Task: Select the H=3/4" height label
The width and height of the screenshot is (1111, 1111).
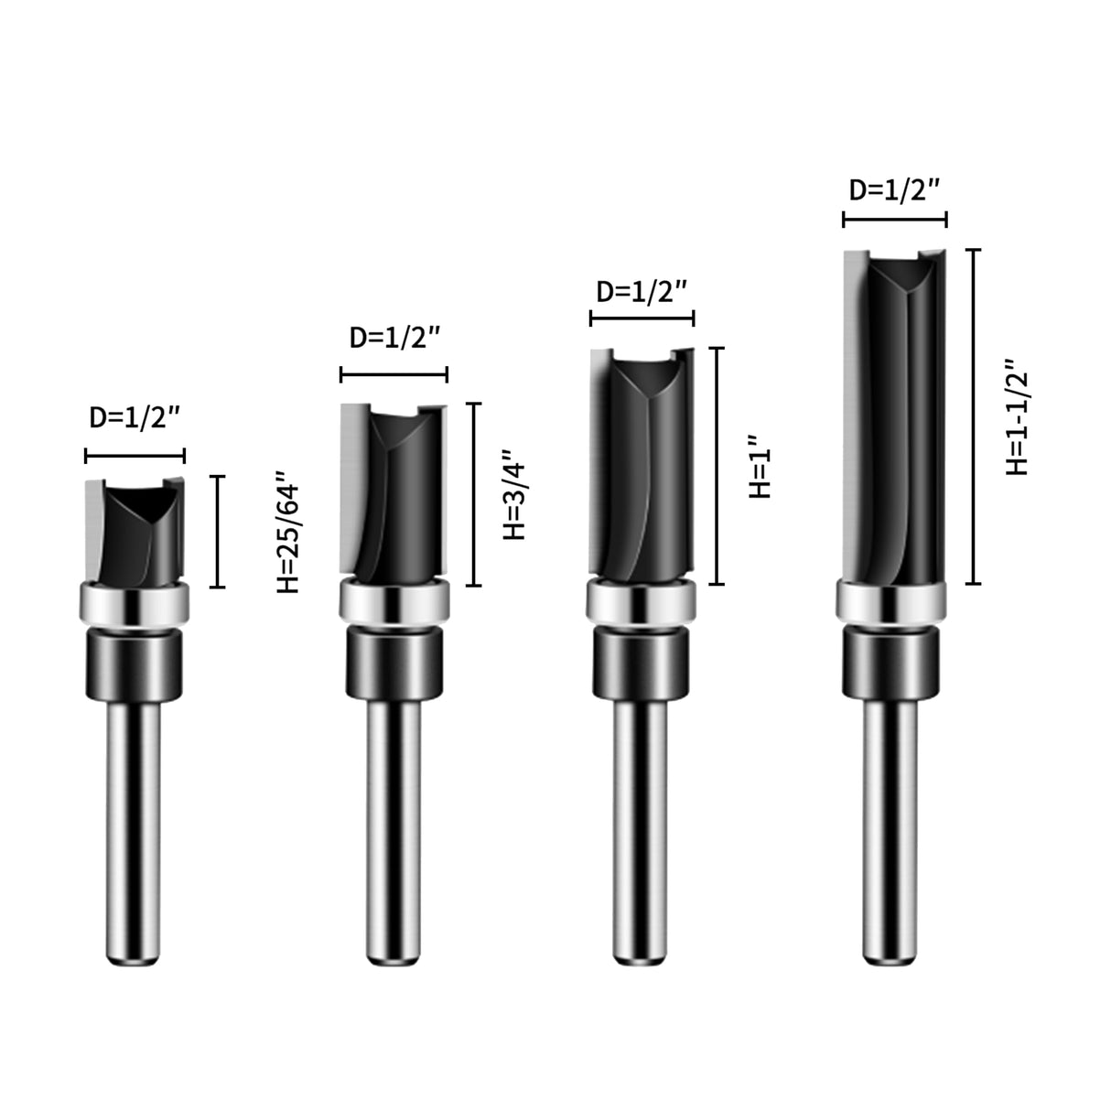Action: coord(515,494)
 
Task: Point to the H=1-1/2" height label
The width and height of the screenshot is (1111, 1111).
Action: coord(1017,415)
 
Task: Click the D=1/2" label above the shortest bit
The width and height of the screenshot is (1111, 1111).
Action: coord(135,418)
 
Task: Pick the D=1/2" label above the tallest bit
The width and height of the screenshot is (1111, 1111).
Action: coord(894,190)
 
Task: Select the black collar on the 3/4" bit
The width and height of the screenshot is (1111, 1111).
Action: coord(394,664)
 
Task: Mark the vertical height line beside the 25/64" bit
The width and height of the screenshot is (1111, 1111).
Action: coord(217,532)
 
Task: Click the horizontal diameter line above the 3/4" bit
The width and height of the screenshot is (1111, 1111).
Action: coord(394,374)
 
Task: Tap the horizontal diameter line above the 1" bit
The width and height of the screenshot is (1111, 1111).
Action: coord(642,318)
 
